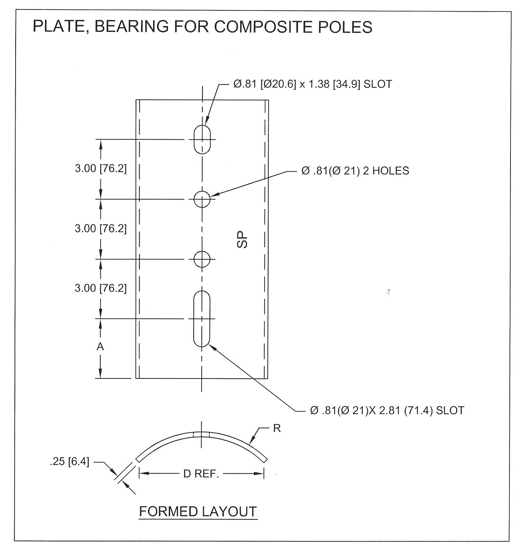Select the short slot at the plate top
(x=202, y=139)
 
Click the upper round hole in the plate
(x=202, y=199)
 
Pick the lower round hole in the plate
(x=202, y=259)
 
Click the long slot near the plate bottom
(x=202, y=319)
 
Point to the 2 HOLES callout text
(x=355, y=170)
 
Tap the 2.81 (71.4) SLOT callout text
(x=387, y=410)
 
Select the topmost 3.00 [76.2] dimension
(x=101, y=168)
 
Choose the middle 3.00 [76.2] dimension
(x=101, y=228)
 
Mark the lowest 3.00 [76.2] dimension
(x=101, y=288)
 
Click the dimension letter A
(x=100, y=347)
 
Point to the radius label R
(x=277, y=428)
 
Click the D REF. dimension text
(x=201, y=474)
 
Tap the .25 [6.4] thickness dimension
(x=69, y=462)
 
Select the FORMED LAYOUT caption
(x=198, y=511)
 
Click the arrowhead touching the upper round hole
(x=213, y=195)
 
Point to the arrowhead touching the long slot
(x=212, y=346)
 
